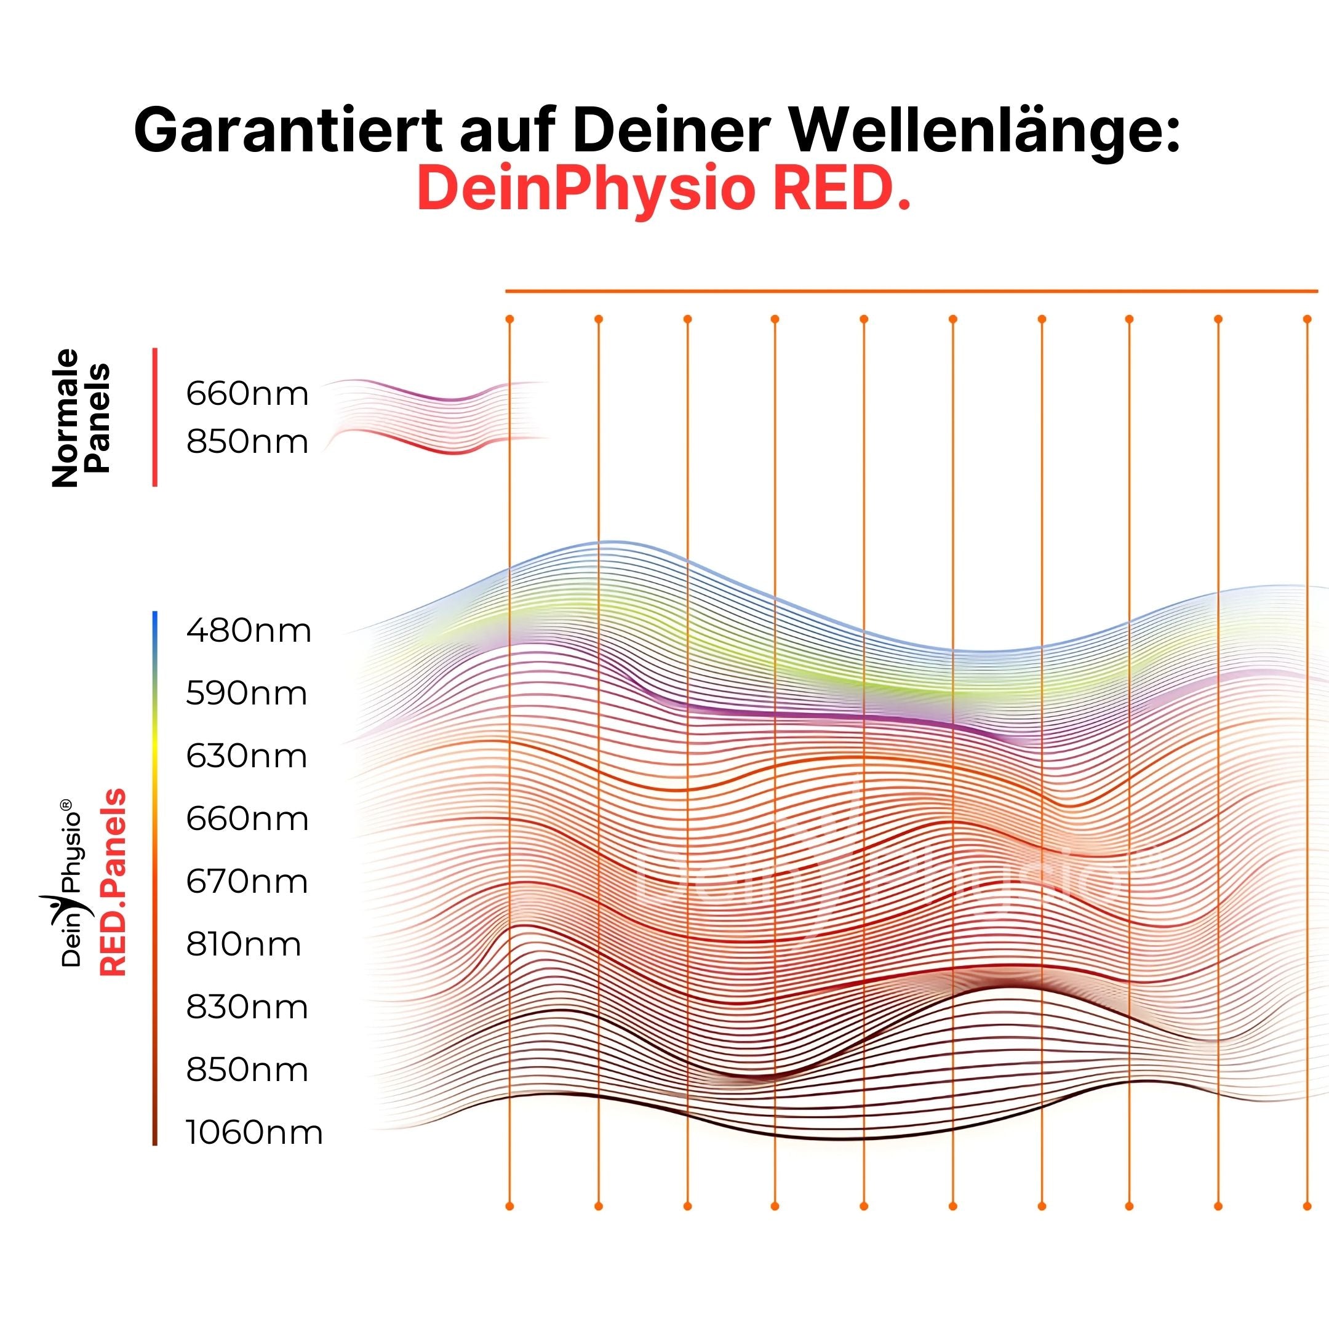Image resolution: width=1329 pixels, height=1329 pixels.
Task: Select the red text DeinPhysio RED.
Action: (x=664, y=189)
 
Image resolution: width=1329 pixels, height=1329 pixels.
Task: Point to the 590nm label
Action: (x=246, y=693)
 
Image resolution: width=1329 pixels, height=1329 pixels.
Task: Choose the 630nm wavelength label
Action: (x=246, y=756)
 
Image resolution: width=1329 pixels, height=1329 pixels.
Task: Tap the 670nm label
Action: (x=246, y=881)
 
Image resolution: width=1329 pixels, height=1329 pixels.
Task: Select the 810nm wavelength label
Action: (x=243, y=944)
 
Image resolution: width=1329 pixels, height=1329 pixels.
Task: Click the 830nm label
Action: (x=246, y=1007)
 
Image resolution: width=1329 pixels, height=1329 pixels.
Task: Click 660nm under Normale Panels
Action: (x=247, y=394)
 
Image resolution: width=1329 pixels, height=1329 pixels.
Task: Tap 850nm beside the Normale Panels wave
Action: (x=247, y=442)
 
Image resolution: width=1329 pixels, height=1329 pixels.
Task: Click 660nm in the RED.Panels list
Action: (x=246, y=818)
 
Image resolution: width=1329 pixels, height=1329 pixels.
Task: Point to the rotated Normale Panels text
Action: (x=81, y=418)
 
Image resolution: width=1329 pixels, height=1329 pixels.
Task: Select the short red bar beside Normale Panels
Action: (x=155, y=418)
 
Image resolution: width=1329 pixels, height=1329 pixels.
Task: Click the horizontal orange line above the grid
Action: (x=911, y=292)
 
